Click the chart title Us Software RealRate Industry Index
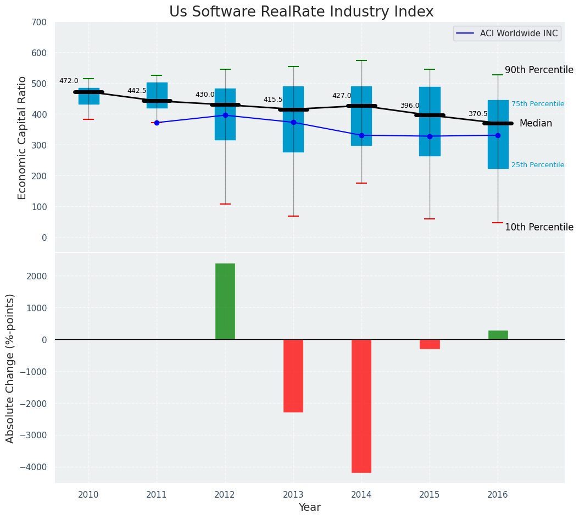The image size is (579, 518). click(301, 12)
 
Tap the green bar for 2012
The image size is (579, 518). click(225, 301)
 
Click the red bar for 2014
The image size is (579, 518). click(361, 406)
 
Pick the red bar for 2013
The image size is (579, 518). click(293, 376)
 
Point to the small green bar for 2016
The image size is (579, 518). click(498, 335)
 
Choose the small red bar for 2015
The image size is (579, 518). click(430, 344)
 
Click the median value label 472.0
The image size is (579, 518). click(69, 81)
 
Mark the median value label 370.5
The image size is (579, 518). click(478, 114)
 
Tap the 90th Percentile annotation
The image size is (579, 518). click(539, 70)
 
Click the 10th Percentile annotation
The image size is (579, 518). click(539, 227)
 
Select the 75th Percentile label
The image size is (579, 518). click(537, 104)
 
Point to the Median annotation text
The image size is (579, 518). click(536, 124)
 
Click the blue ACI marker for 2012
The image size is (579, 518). click(225, 115)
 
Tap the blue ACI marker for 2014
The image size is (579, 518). click(361, 135)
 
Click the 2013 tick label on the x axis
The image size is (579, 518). click(293, 494)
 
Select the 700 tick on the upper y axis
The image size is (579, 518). click(40, 22)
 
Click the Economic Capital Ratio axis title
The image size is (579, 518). click(22, 137)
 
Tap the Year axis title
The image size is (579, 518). click(310, 508)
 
